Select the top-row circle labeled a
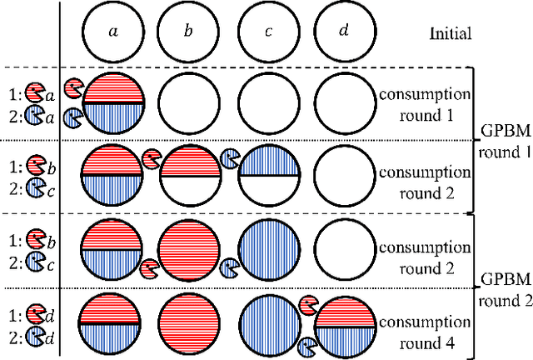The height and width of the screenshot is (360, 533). tap(113, 32)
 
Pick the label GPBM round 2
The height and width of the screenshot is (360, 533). tap(502, 287)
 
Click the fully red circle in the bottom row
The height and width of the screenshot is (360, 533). tap(190, 321)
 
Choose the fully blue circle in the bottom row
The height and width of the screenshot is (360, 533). tap(268, 321)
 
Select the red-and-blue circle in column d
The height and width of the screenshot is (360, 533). tap(343, 324)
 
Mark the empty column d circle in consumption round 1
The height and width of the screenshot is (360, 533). tap(343, 102)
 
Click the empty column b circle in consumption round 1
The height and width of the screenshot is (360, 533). tap(190, 102)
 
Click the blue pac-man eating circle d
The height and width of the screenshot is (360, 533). tap(307, 343)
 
